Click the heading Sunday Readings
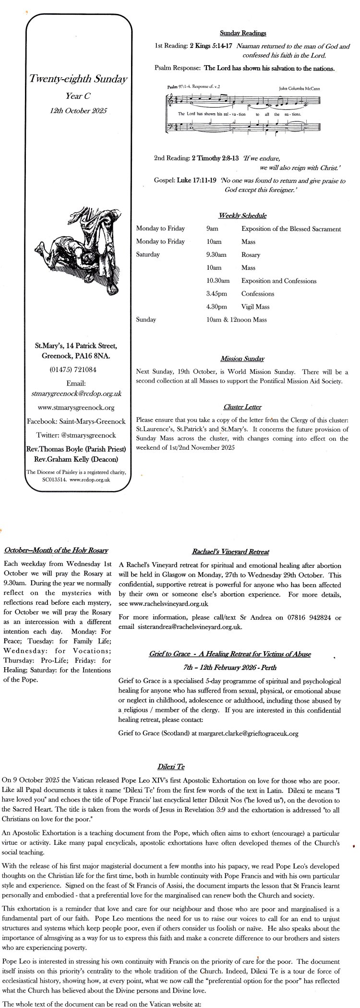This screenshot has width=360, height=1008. (x=243, y=33)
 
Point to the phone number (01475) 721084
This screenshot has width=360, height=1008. (x=76, y=370)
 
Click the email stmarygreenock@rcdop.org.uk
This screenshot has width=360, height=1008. (x=76, y=393)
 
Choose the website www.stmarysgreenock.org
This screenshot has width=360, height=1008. (x=76, y=408)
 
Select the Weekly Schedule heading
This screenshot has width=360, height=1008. (x=243, y=216)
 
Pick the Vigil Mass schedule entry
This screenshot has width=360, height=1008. (x=255, y=307)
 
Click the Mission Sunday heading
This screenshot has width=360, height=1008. (x=242, y=359)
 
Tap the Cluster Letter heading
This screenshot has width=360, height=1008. (x=242, y=407)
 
